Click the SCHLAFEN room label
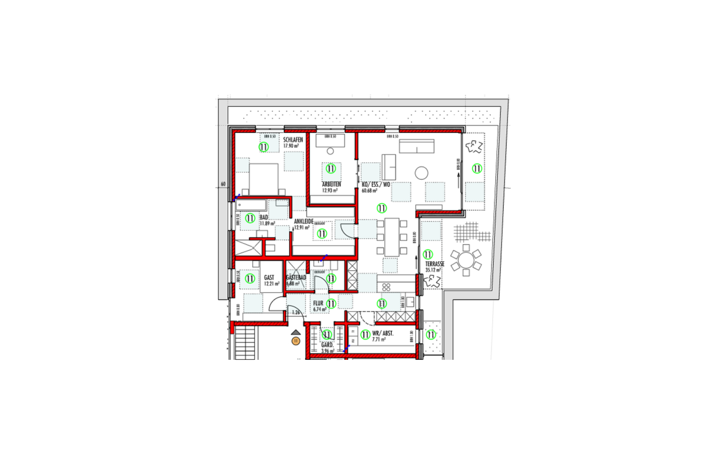293,140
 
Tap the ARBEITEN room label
331,184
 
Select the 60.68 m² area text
369,191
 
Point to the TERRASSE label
434,264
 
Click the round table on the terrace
466,260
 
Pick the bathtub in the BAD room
251,205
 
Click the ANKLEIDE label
304,221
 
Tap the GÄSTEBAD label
296,277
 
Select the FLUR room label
318,303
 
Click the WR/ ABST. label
383,333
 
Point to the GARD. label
327,345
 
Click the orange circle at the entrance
296,341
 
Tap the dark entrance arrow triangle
296,333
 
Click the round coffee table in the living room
421,173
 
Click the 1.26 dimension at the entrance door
296,313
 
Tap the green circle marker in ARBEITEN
331,169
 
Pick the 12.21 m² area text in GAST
271,284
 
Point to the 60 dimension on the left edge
223,184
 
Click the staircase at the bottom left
245,342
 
